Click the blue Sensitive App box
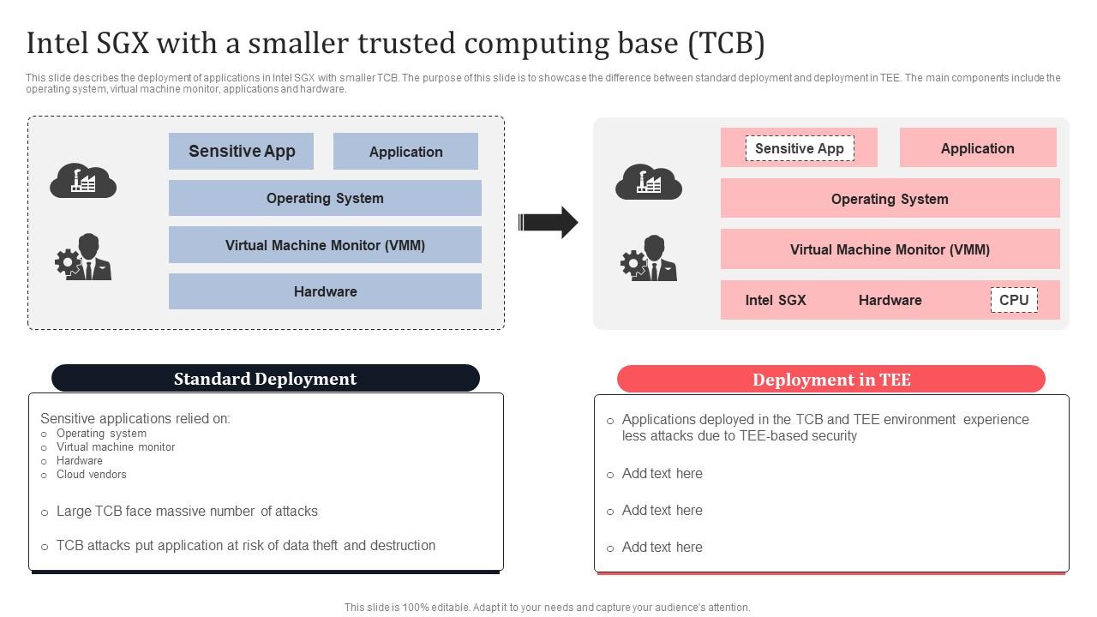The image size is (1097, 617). pos(241,152)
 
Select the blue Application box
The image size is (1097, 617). pos(405,152)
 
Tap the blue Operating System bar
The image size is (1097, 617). pos(325,198)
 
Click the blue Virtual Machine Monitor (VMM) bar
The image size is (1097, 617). pos(325,245)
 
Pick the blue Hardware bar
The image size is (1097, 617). pos(325,291)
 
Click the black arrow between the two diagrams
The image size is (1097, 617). pos(548,223)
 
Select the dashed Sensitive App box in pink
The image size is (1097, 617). pos(799,148)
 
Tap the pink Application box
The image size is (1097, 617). pos(977,148)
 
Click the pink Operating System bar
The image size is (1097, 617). pos(890,199)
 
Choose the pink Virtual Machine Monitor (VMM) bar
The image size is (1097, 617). pos(890,249)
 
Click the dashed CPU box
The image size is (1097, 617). pos(1014,300)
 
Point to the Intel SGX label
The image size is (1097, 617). pos(776,300)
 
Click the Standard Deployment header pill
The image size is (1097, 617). pos(265,379)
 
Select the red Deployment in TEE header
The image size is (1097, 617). pos(830,380)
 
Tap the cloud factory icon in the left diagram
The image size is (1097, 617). pos(83,181)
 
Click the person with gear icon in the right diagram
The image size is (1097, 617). pos(649,258)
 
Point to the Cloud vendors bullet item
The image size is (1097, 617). pos(91,474)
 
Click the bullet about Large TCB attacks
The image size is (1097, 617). pos(187,512)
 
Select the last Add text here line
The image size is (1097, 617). pos(662,548)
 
